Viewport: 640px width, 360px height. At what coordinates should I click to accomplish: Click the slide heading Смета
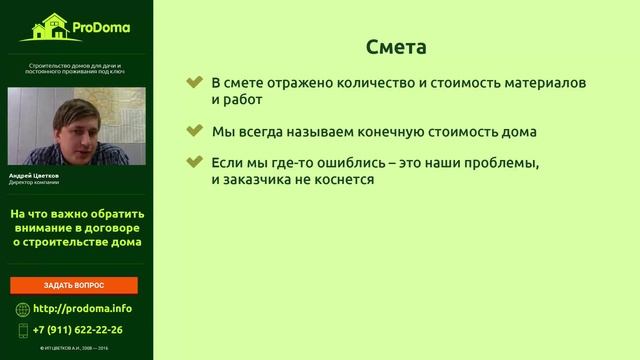397,47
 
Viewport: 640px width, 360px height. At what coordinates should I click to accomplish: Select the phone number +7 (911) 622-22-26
78,329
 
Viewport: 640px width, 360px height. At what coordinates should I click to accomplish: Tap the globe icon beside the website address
23,308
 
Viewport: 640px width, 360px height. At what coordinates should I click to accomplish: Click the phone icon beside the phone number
23,329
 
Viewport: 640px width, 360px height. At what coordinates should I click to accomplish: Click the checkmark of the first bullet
195,82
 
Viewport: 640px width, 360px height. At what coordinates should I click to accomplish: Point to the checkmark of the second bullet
195,131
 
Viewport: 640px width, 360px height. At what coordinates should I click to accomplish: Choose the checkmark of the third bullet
195,162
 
